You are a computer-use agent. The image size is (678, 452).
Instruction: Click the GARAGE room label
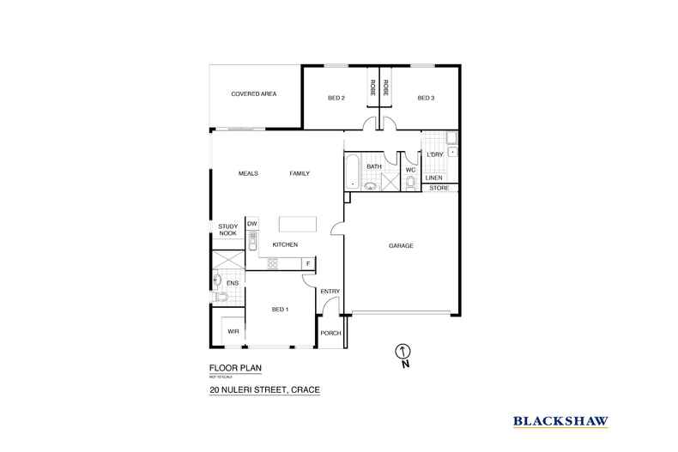(x=401, y=246)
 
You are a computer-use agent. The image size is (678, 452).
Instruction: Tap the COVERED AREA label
(x=253, y=93)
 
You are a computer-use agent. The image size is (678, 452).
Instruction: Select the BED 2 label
(x=336, y=98)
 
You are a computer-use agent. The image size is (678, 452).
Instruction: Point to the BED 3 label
(x=427, y=98)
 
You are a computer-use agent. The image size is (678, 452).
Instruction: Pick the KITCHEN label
(x=285, y=245)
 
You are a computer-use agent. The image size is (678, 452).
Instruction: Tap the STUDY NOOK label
(x=227, y=230)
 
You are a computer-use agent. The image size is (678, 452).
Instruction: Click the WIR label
(x=232, y=331)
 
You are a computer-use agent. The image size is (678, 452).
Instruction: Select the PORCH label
(x=330, y=333)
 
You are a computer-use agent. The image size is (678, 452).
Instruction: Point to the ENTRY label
(x=330, y=292)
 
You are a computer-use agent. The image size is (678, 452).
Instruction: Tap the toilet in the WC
(x=409, y=184)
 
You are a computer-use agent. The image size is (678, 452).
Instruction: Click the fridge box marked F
(x=308, y=263)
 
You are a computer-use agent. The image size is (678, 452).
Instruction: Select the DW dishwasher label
(x=252, y=224)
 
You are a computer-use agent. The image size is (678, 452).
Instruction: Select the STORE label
(x=439, y=187)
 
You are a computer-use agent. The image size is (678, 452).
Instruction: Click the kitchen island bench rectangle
(x=297, y=224)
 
